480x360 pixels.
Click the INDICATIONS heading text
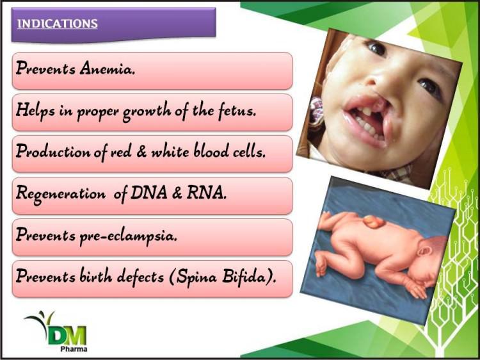(x=58, y=24)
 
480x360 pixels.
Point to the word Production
(x=53, y=151)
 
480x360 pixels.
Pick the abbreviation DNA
(x=149, y=193)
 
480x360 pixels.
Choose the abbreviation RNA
(x=206, y=193)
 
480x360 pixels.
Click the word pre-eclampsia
(x=128, y=236)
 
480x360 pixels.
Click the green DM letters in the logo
(x=67, y=336)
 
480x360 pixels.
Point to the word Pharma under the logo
(x=74, y=349)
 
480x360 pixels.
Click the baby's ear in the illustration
(x=424, y=251)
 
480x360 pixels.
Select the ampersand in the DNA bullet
(x=177, y=193)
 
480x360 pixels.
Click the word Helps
(x=35, y=111)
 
